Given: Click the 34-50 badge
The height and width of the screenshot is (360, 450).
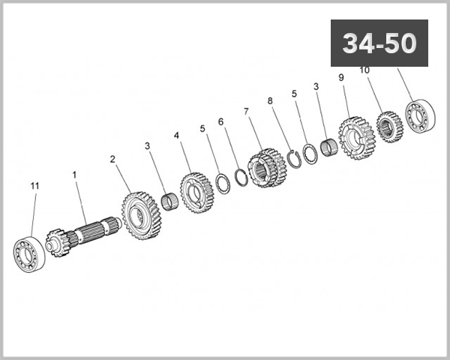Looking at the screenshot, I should pyautogui.click(x=379, y=43).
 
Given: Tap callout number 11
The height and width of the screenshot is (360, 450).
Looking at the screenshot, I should pyautogui.click(x=34, y=184).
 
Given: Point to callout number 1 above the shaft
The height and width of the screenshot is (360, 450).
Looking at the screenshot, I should pyautogui.click(x=74, y=174).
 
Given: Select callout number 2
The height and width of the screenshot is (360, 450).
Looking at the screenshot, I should pyautogui.click(x=112, y=159).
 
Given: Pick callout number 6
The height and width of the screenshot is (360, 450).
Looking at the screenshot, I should pyautogui.click(x=220, y=121).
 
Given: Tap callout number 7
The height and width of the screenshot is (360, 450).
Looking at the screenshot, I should pyautogui.click(x=246, y=111).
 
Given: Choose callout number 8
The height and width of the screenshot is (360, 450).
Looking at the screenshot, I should pyautogui.click(x=269, y=100).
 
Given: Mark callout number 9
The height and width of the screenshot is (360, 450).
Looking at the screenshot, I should pyautogui.click(x=341, y=77).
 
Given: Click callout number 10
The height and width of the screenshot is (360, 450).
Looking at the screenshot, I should pyautogui.click(x=364, y=70).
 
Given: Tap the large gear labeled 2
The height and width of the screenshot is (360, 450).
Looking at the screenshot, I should pyautogui.click(x=142, y=214).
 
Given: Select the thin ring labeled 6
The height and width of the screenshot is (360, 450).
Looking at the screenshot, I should pyautogui.click(x=241, y=178).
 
